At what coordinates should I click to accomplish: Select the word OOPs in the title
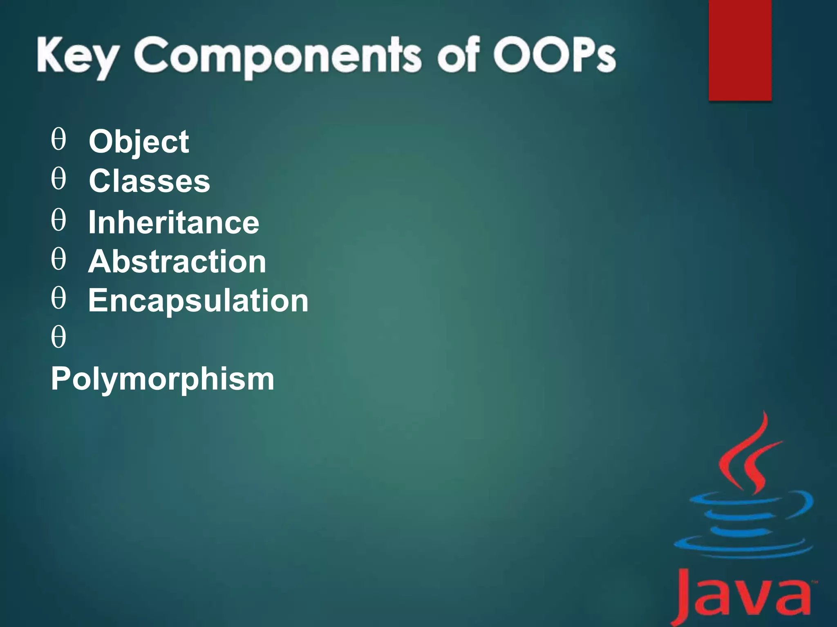[554, 55]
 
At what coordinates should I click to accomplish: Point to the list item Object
[139, 141]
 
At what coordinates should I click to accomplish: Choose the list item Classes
[149, 181]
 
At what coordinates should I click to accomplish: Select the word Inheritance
[174, 222]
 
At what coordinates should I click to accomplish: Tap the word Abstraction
[177, 261]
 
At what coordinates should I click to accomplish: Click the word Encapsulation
[198, 300]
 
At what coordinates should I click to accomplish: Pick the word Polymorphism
[163, 379]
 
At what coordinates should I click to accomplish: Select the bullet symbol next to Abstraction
[58, 259]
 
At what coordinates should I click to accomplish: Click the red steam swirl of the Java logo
[748, 457]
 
